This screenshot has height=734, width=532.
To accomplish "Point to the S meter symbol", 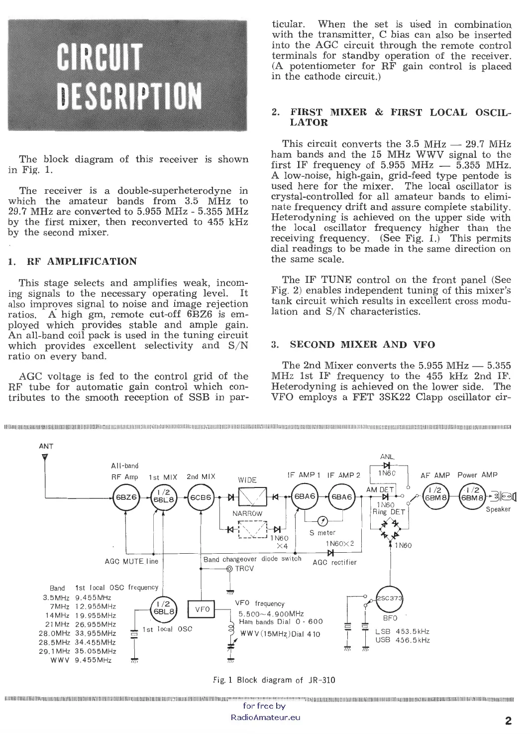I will pos(324,521).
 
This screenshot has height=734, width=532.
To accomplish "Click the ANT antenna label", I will pos(46,446).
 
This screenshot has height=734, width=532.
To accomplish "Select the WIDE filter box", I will pos(252,497).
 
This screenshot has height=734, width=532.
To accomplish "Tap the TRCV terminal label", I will pos(244,569).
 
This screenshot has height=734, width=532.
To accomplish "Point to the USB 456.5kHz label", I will pos(403,640).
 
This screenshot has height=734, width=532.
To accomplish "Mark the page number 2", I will pos(508,721).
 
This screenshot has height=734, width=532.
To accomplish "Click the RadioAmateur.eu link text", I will pos(266,718).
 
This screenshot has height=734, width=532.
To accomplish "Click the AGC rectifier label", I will pos(334,562).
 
